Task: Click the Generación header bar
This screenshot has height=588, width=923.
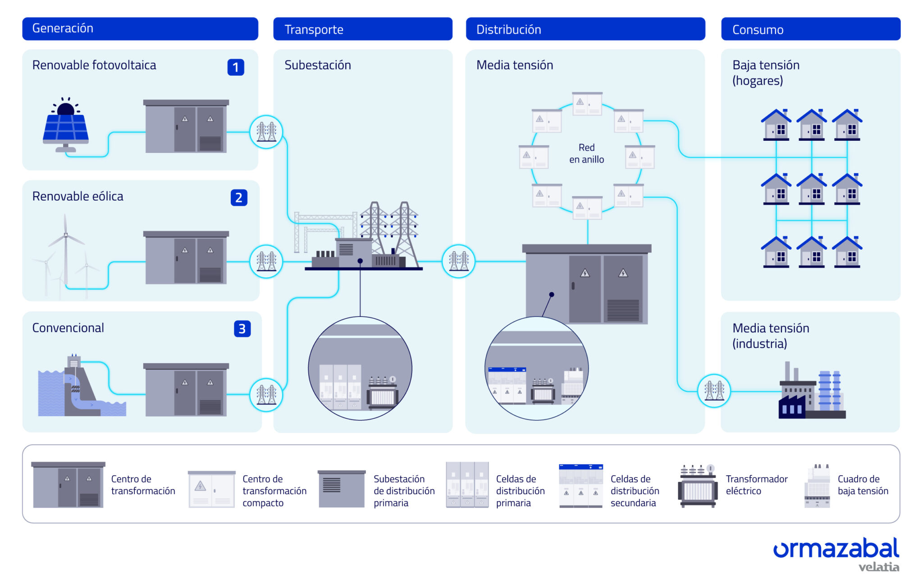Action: [x=140, y=29]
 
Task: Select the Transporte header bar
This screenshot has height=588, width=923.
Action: [x=362, y=29]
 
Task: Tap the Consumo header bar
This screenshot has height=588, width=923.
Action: [x=810, y=29]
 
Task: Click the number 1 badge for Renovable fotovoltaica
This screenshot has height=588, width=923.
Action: [x=236, y=67]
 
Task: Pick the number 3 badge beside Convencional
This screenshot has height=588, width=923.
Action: [x=242, y=329]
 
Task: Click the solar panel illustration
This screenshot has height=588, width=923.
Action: [x=66, y=130]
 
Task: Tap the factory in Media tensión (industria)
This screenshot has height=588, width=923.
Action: [x=811, y=392]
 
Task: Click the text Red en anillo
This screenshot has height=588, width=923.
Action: [x=586, y=153]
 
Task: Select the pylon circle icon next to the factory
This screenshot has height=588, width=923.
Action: [x=714, y=391]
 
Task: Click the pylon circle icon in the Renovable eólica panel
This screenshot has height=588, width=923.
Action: [x=266, y=262]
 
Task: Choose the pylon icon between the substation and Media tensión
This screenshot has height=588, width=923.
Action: [x=459, y=262]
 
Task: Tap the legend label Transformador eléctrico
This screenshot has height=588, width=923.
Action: [x=756, y=485]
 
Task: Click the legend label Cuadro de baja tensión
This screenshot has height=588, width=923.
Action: [x=863, y=485]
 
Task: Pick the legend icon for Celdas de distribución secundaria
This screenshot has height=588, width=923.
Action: [x=580, y=486]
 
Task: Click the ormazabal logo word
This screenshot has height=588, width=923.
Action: [x=836, y=548]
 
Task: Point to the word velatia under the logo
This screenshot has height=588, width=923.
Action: [x=878, y=567]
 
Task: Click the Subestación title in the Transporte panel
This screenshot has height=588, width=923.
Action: [x=318, y=65]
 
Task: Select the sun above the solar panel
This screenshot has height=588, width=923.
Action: [x=66, y=108]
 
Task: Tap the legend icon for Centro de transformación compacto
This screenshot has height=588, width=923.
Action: [x=211, y=489]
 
